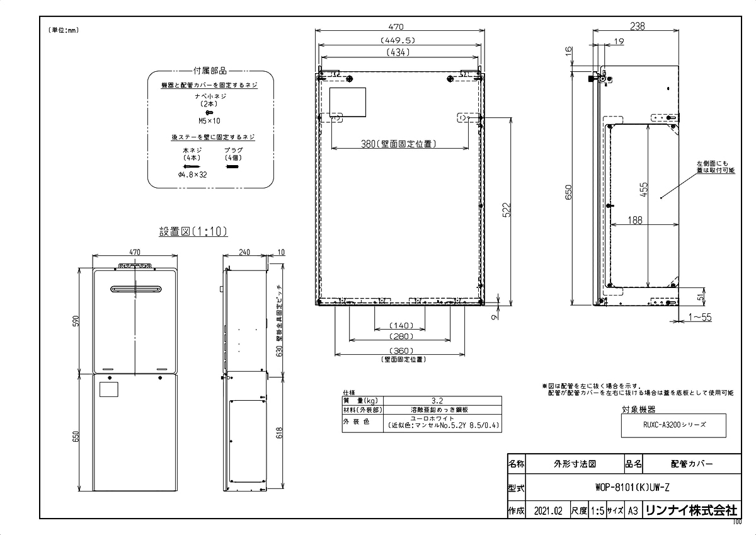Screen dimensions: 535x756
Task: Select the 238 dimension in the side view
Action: [x=636, y=26]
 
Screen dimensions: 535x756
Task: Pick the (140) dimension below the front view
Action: [x=399, y=325]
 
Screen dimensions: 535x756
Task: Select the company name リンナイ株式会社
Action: [x=690, y=511]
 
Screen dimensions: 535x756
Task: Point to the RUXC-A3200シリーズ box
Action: [x=673, y=425]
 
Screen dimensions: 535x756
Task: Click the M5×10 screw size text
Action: [x=209, y=120]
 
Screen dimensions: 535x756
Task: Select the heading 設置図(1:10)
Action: [x=193, y=231]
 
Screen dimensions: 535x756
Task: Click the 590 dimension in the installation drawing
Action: [x=76, y=321]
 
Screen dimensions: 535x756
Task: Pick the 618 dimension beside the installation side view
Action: [x=280, y=434]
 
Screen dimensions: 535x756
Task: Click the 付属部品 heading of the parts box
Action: [x=210, y=71]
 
